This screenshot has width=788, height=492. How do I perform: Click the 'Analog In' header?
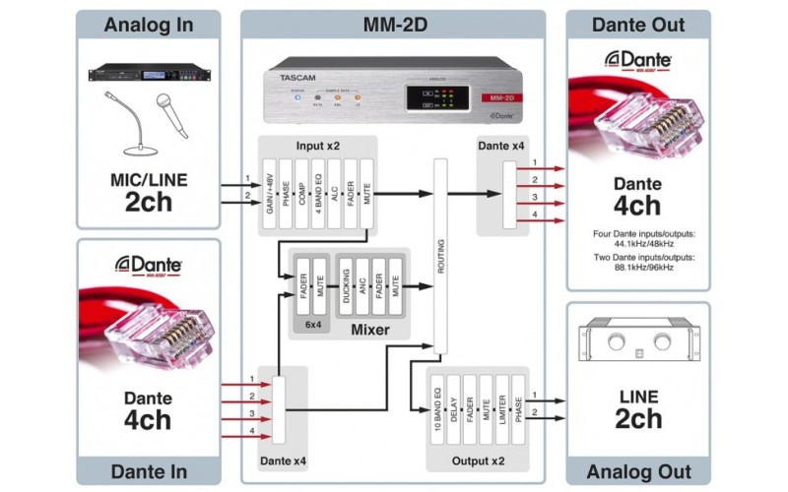tap(149, 25)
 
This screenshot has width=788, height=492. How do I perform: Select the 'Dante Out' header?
tap(637, 25)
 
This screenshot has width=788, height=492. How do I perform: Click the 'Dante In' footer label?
tap(149, 470)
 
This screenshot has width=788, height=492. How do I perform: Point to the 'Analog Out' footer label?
tap(637, 470)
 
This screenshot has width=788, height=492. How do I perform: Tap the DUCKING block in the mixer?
tap(347, 286)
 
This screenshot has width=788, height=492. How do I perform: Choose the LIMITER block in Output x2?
tap(503, 413)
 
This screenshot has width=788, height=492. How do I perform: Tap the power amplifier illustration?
tap(639, 340)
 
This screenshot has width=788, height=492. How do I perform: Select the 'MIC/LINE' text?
tap(149, 181)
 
